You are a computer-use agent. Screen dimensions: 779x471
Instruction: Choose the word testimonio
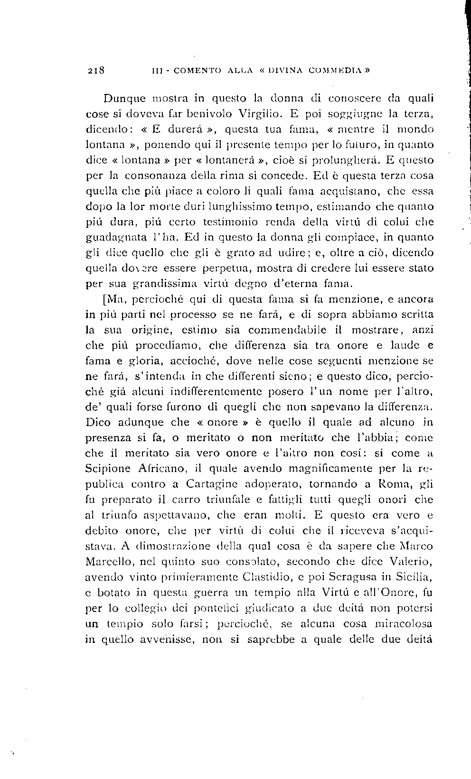tap(224, 222)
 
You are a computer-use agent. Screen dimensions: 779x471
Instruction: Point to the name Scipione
tap(108, 469)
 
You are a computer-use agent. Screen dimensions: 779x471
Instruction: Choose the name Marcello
tap(107, 562)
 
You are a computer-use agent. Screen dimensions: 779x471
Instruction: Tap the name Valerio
tap(410, 562)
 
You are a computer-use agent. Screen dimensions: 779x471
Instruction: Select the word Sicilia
tap(413, 577)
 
